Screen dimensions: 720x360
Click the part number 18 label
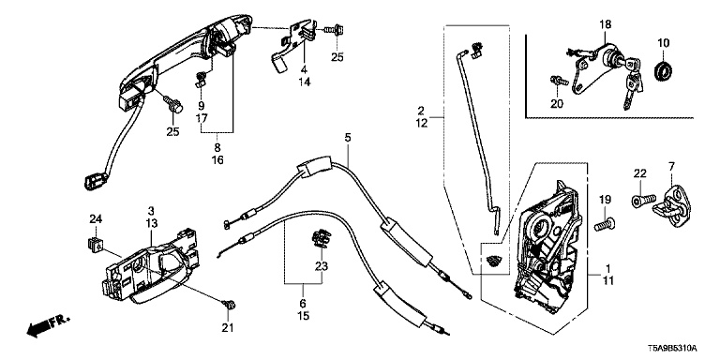[x=605, y=24]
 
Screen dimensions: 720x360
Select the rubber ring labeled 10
[x=664, y=71]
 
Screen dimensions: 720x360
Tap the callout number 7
[x=671, y=166]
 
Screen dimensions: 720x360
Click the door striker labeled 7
[x=672, y=206]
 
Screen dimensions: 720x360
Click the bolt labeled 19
[x=603, y=225]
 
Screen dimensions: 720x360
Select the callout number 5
[x=348, y=137]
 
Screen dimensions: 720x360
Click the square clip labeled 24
[x=94, y=244]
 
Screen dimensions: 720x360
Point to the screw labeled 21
[x=228, y=305]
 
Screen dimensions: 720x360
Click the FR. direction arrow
[x=47, y=325]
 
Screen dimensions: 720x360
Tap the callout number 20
[x=557, y=104]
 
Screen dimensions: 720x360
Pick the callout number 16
[x=217, y=160]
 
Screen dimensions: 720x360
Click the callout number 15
[x=304, y=316]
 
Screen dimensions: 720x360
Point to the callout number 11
[x=607, y=279]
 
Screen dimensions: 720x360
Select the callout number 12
[x=423, y=123]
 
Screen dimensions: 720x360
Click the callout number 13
[x=152, y=223]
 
